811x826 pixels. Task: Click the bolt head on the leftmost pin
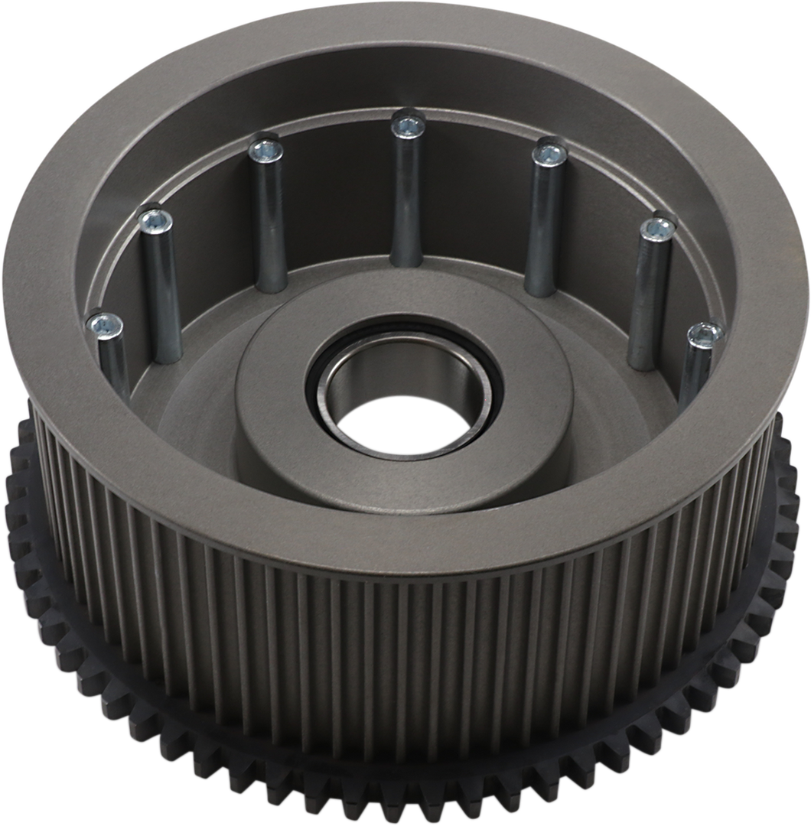click(104, 327)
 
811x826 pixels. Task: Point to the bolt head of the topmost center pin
click(405, 122)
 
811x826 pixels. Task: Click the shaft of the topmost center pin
click(405, 199)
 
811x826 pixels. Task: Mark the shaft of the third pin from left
click(268, 222)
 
